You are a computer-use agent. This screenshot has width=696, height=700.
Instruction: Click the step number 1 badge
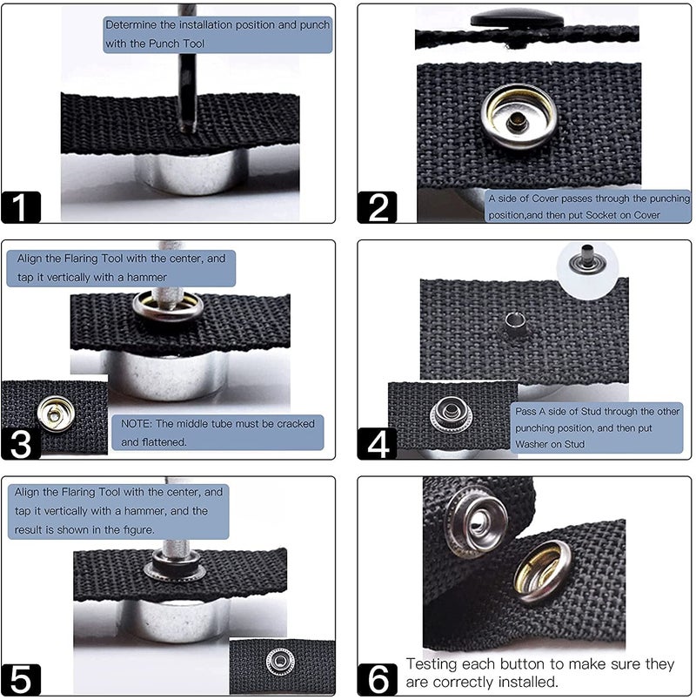21,207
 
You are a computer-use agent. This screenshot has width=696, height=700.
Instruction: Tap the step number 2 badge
377,207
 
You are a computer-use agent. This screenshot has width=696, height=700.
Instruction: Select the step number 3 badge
21,444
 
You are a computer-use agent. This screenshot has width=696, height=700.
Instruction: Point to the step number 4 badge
377,444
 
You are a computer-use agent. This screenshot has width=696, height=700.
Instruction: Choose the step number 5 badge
21,679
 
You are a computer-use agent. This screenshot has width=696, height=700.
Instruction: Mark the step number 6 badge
377,679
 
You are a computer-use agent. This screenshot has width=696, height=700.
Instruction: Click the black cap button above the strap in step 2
517,18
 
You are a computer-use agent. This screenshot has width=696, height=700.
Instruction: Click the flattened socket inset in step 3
56,414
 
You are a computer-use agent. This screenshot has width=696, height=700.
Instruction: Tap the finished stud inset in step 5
280,661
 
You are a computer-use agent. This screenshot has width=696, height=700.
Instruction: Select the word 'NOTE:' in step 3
137,424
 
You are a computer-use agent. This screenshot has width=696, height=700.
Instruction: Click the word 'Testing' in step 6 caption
431,665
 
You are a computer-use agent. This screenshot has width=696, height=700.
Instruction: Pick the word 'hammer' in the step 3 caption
147,278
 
